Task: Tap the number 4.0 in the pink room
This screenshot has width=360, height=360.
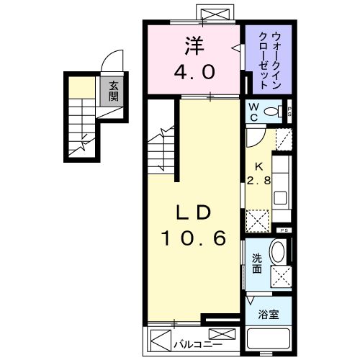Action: point(193,71)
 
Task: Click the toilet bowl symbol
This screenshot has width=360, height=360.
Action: point(273,112)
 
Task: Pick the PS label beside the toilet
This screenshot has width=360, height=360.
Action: point(289,111)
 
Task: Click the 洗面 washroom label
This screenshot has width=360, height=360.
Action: point(256,264)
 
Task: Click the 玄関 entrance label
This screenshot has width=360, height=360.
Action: point(113,91)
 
